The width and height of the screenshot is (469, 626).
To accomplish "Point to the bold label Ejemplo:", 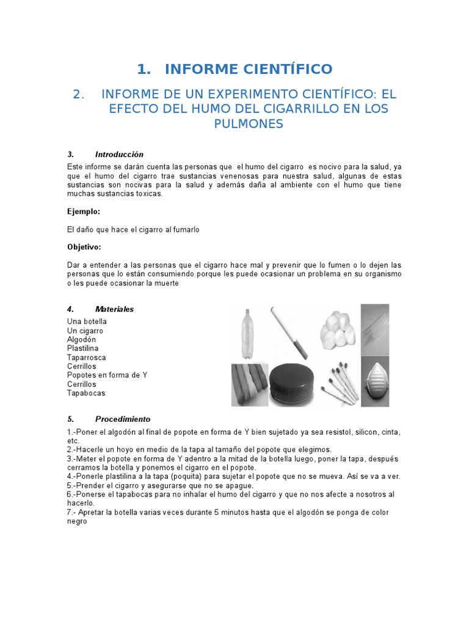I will click(83, 211).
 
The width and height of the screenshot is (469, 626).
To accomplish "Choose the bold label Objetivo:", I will click(84, 247).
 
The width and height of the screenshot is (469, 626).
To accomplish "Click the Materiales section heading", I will click(114, 309).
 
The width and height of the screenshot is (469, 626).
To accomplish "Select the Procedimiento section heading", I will click(122, 419).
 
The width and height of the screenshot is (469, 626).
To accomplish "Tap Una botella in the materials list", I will click(87, 322).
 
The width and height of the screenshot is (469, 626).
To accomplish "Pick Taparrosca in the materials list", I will click(87, 357).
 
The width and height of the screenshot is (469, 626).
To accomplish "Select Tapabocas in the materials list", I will click(86, 393).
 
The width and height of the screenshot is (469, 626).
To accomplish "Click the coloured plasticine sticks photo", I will click(249, 384).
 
